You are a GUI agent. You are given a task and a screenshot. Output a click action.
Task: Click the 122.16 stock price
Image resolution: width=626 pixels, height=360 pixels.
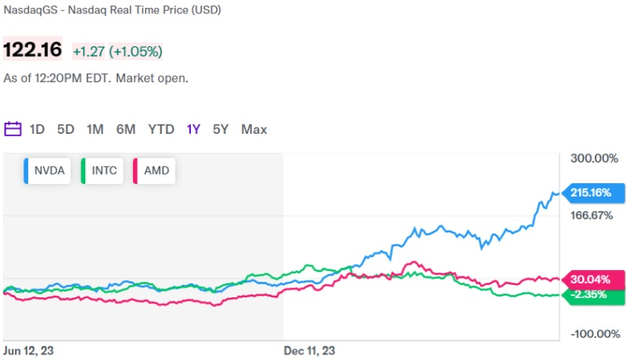point(34,51)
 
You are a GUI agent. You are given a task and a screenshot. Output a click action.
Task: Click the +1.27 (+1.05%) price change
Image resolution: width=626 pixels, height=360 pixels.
point(117,52)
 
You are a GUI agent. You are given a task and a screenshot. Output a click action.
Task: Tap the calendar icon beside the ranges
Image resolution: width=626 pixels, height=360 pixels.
point(13,129)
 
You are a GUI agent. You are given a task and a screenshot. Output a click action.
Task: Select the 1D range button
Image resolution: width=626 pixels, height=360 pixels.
point(37,129)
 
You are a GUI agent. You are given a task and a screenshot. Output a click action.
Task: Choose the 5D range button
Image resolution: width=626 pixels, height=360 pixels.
point(66,129)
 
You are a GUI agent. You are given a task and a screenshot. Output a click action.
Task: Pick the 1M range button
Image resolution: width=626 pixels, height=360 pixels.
point(95,129)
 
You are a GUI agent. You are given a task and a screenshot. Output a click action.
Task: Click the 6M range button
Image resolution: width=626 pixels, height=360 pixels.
point(126,129)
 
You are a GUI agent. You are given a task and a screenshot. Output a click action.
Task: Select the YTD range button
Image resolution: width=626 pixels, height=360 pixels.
point(161,129)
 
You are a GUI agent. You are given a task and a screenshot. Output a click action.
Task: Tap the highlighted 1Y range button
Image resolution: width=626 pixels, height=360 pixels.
point(193,129)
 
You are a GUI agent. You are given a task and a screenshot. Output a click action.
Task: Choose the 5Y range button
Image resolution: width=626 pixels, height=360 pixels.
point(221,129)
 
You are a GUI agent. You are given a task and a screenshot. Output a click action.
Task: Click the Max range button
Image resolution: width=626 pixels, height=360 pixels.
point(254,129)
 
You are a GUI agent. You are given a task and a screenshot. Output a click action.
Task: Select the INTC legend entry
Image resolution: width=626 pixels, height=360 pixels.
point(103,171)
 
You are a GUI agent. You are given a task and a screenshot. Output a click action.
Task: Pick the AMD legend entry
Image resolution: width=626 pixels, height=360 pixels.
point(155,171)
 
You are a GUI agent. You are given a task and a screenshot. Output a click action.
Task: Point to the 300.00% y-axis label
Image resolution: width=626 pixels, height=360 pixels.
point(594,159)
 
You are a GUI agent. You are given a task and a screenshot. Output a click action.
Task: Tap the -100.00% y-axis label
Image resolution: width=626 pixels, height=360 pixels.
point(594,334)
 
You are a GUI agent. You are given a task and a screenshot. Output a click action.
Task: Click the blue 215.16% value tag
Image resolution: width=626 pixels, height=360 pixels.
point(593,192)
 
